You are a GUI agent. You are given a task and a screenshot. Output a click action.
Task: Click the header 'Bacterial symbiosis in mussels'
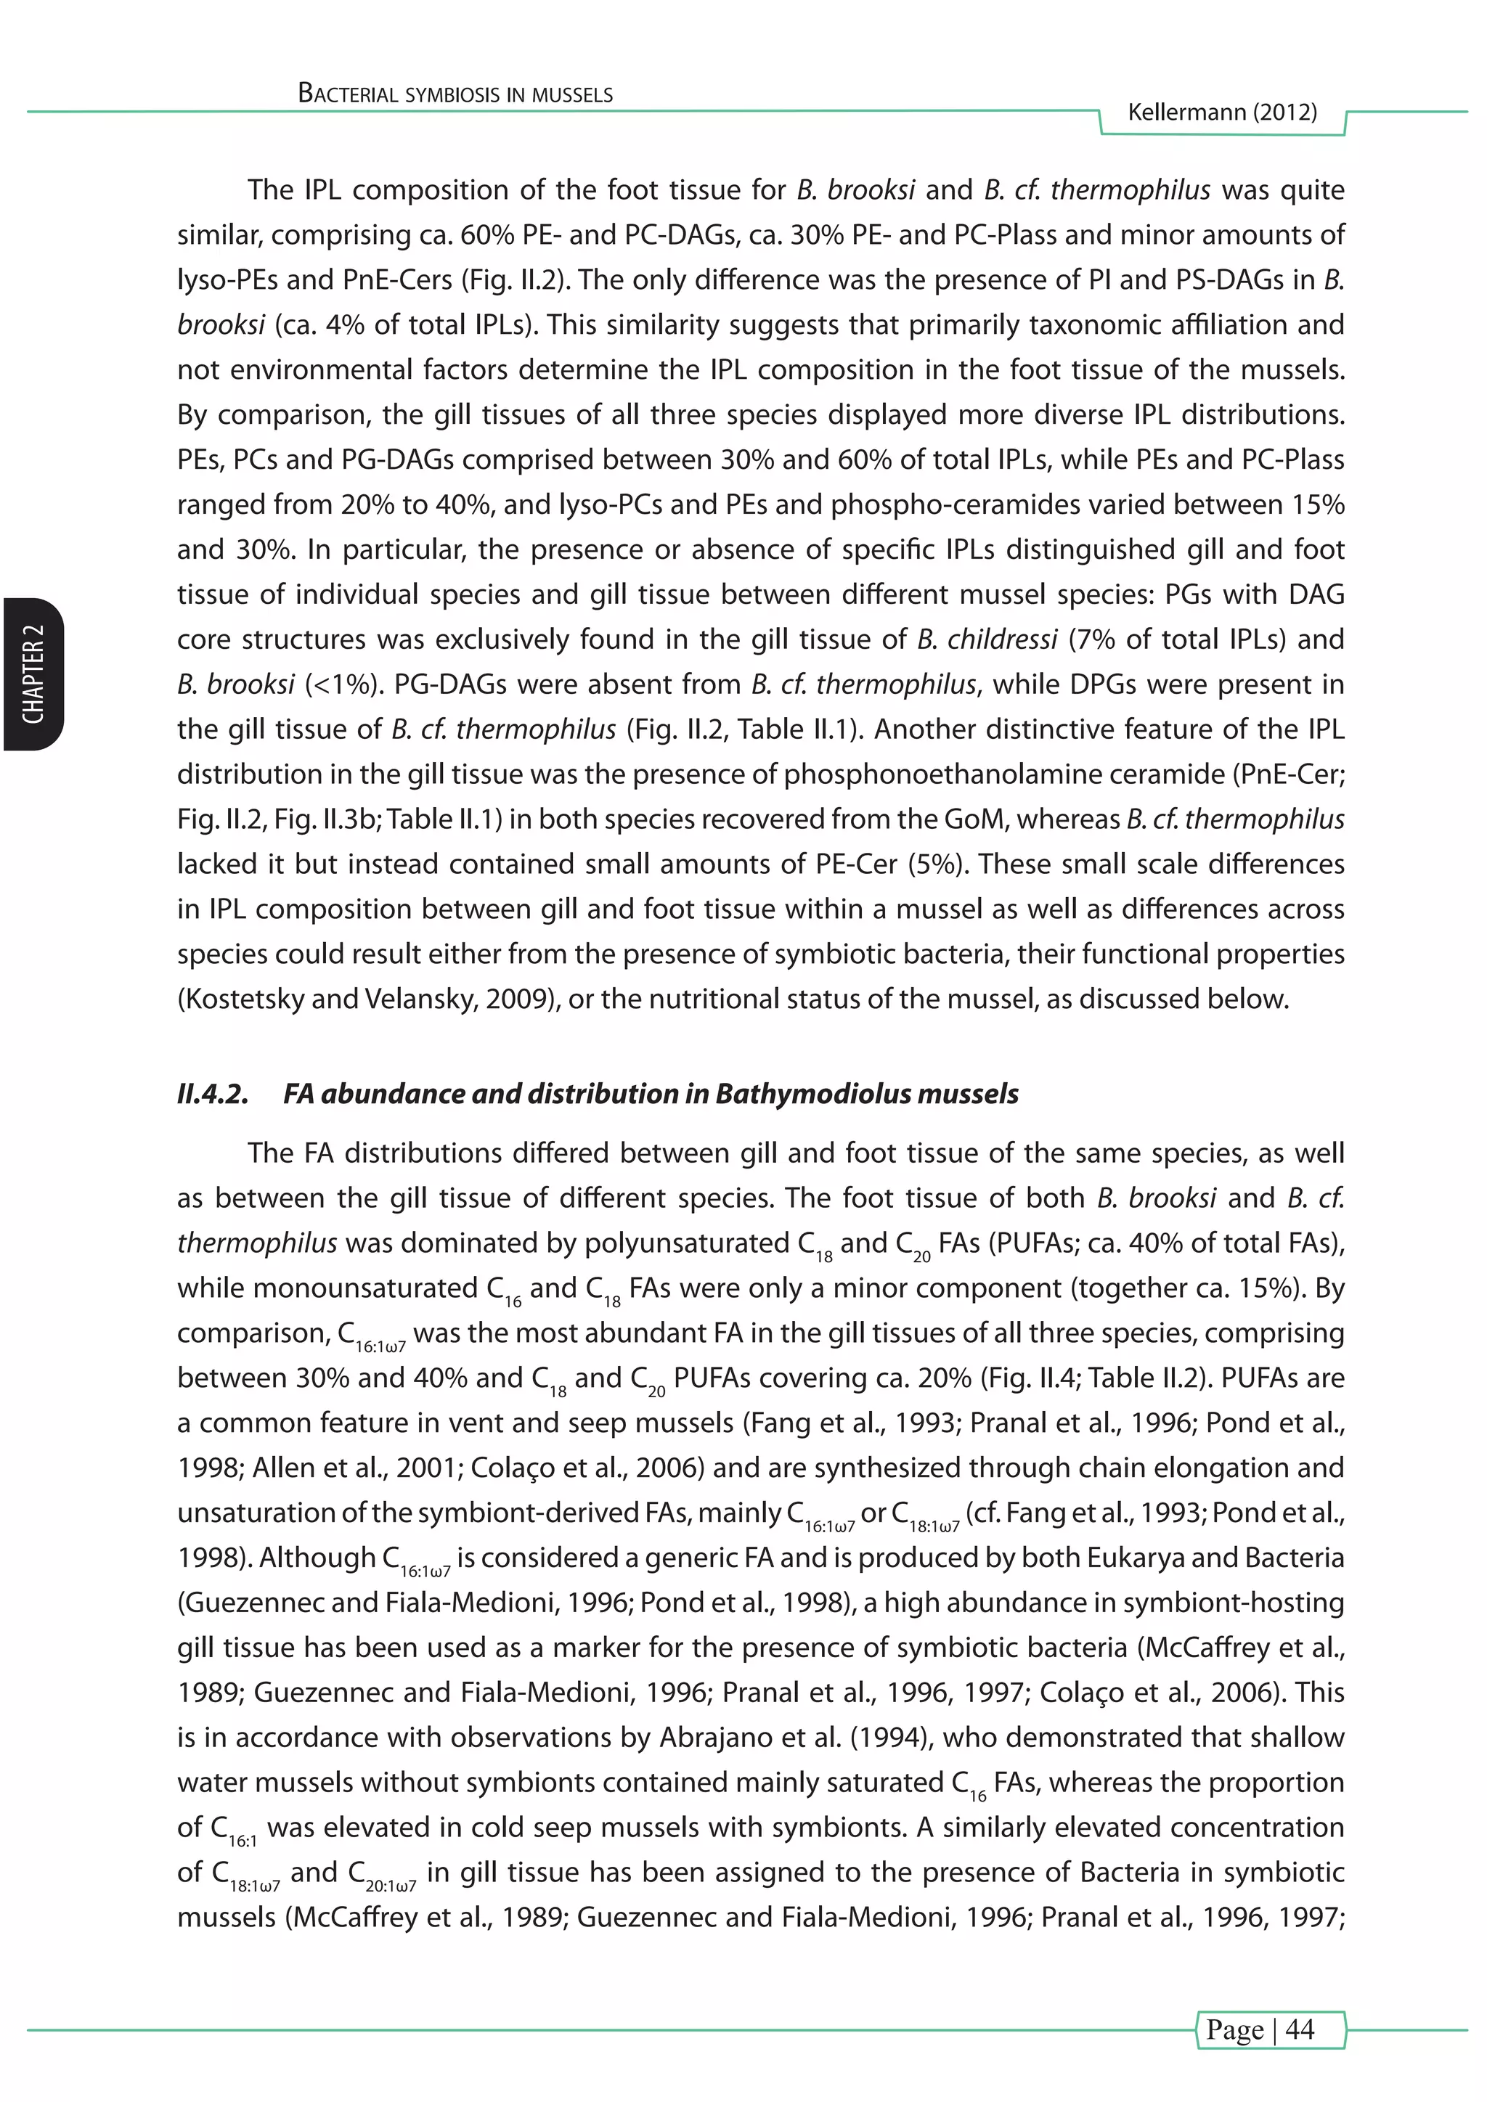[x=455, y=94]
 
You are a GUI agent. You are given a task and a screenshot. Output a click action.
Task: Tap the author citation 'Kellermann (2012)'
[x=1221, y=113]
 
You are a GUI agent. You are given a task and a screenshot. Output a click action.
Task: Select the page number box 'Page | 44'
[x=1271, y=2029]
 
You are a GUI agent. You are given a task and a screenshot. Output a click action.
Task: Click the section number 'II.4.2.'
[x=213, y=1094]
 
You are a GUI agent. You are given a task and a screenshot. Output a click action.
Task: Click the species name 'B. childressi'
[x=987, y=639]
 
